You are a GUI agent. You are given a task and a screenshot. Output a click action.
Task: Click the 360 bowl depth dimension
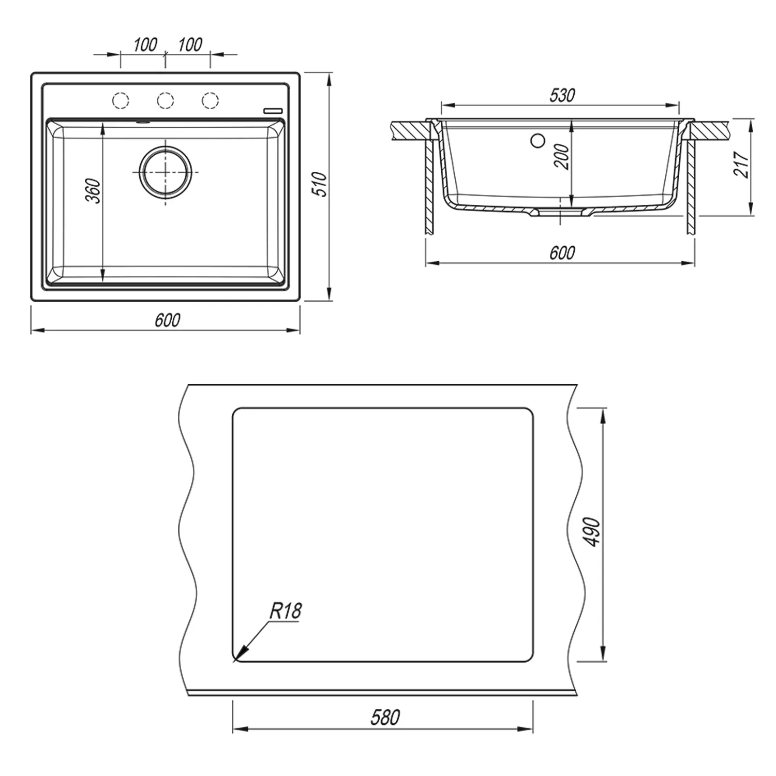[93, 191]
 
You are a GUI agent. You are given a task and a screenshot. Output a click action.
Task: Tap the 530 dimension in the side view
[562, 95]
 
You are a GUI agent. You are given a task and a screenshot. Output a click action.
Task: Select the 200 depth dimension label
[562, 156]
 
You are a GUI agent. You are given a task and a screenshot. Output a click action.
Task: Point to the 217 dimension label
[741, 165]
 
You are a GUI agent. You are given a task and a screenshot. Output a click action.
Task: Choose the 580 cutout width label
[385, 717]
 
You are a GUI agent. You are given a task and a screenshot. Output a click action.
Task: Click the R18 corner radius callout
[285, 611]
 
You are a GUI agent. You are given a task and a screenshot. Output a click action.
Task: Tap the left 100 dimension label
[145, 45]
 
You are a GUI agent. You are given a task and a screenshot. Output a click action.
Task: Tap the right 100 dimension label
[190, 45]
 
